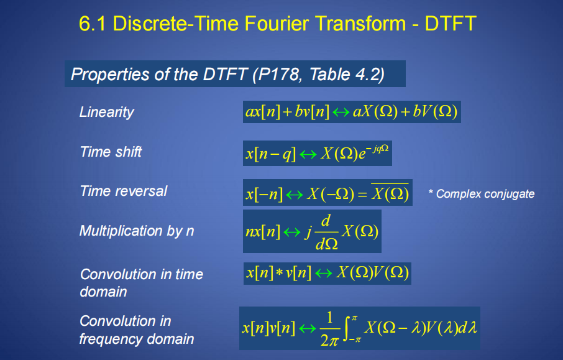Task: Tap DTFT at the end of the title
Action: tap(451, 24)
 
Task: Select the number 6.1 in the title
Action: tap(92, 24)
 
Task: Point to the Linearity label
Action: tap(107, 112)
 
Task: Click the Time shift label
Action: tap(111, 152)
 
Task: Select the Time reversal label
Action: tap(124, 191)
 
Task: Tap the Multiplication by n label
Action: tap(137, 231)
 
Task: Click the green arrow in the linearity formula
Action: tap(341, 113)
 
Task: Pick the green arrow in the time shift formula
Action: tap(308, 154)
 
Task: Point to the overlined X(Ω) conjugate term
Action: tap(390, 193)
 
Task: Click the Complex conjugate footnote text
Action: tap(482, 194)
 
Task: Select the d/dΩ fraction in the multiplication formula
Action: tap(326, 232)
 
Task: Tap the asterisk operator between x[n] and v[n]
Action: tap(280, 274)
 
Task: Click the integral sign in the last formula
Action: tap(347, 328)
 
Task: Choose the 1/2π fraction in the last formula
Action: tap(329, 329)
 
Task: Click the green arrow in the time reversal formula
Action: tap(295, 195)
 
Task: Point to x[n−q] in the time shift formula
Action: tap(271, 154)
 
